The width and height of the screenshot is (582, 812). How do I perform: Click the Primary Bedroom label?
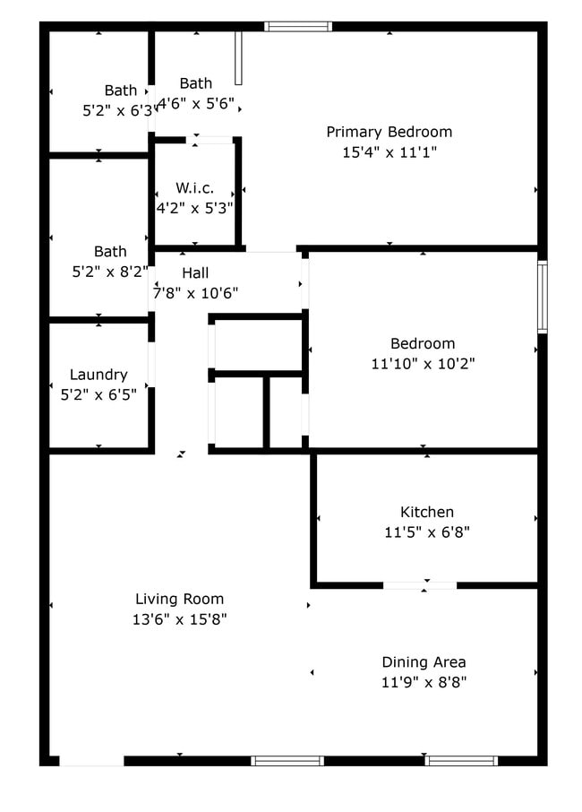point(389,132)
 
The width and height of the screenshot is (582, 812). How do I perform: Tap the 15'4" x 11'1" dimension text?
point(389,152)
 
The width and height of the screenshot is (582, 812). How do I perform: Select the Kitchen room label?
point(426,512)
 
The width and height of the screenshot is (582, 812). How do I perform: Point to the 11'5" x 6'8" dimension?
point(426,532)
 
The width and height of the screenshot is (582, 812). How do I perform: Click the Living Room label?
point(179,599)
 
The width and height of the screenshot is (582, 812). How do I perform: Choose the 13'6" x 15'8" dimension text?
point(179,619)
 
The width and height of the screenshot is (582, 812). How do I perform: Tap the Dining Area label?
point(424,662)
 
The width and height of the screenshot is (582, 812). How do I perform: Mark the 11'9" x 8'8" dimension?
point(424,683)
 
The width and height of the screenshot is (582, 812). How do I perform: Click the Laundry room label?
point(98,375)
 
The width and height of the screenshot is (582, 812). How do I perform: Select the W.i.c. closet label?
point(194,187)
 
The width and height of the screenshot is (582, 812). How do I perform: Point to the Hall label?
point(195,272)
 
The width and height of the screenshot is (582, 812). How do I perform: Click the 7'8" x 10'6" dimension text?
point(195,293)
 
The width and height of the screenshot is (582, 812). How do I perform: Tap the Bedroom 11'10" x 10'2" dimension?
point(423,364)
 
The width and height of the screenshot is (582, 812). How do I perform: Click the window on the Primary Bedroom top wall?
point(298,27)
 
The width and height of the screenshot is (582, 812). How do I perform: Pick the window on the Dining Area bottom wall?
point(460,761)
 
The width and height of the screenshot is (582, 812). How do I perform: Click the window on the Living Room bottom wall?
point(287,761)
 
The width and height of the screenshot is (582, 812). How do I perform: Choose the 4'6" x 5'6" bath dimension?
point(196,104)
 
